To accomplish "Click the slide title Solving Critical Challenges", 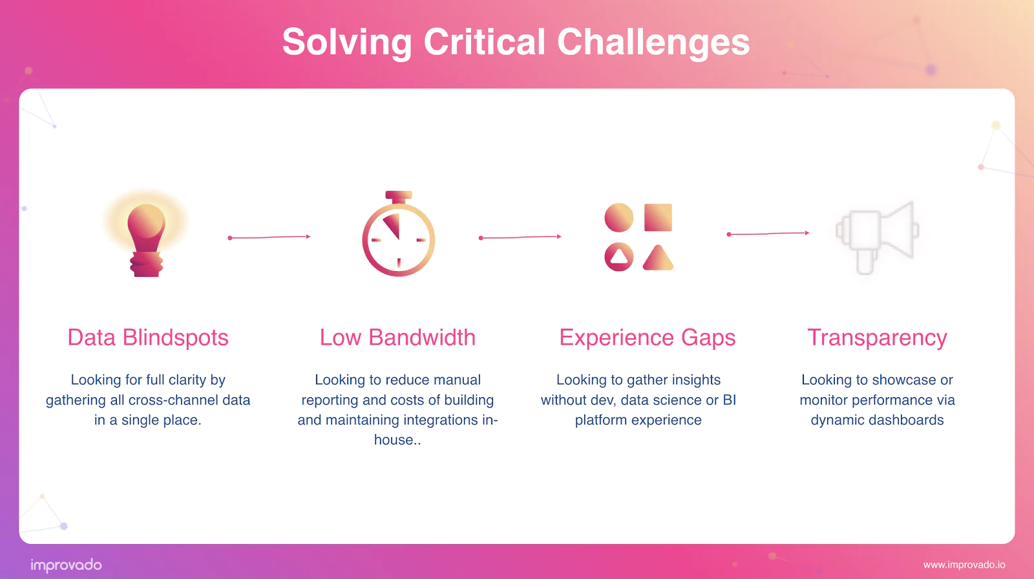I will [x=516, y=42].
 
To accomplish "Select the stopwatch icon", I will [x=398, y=238].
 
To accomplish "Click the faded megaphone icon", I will [x=877, y=236].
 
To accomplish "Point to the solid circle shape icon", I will [x=618, y=217].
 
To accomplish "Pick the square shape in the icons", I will [x=658, y=217].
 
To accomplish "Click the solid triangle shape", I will [x=658, y=258].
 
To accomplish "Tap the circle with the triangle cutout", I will [x=618, y=257].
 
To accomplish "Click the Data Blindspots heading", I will [x=148, y=338].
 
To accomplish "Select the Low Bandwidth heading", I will [x=397, y=338].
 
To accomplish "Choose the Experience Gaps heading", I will [x=647, y=338].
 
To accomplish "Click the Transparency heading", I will [x=877, y=338].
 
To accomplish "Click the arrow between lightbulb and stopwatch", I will [x=269, y=237].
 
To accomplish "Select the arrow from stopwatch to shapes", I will [x=520, y=237].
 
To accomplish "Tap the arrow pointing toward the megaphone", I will [x=768, y=234].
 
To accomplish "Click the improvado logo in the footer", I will [x=66, y=565].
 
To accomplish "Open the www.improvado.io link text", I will [x=964, y=565].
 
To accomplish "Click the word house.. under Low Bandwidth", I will [x=397, y=441].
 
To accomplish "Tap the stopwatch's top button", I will [x=399, y=195].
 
